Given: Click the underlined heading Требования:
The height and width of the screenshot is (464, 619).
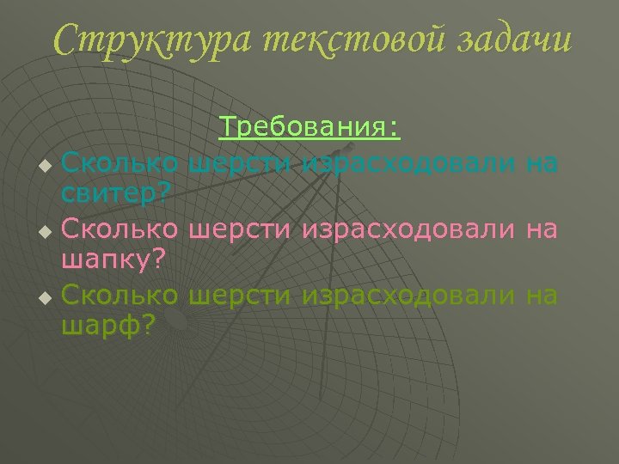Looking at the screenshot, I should click(309, 128).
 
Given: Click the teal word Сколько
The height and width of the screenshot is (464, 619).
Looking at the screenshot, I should click(120, 162).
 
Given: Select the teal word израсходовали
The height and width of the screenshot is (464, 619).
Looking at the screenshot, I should click(409, 162).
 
